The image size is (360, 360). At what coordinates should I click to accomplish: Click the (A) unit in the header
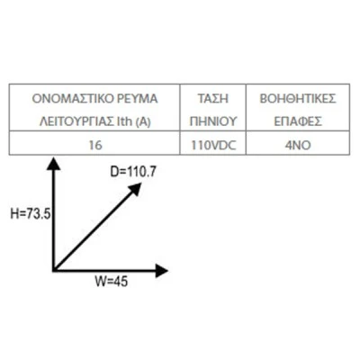143,122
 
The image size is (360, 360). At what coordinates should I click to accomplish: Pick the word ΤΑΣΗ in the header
213,99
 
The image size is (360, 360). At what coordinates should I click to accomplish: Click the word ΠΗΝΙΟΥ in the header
213,121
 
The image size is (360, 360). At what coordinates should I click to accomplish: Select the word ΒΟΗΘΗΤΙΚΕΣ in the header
298,99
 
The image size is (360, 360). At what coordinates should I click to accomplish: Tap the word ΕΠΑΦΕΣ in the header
298,121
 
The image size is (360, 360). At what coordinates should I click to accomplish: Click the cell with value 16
95,146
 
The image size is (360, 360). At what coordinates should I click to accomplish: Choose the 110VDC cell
213,146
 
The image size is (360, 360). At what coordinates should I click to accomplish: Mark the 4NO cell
298,146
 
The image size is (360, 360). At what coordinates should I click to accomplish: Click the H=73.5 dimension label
31,214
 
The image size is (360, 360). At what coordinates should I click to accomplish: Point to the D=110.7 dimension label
133,172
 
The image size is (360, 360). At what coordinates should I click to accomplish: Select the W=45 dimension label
112,282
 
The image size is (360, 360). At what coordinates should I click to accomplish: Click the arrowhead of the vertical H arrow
54,160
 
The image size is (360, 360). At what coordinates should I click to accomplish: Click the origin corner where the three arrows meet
54,271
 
